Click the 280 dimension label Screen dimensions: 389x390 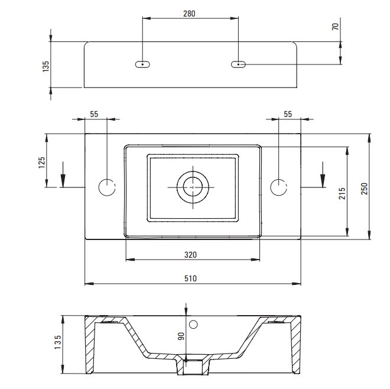point(189,13)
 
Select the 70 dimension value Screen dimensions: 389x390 point(336,27)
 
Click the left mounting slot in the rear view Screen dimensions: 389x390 point(142,64)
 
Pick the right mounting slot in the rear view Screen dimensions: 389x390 point(238,64)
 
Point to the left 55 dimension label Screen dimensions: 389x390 point(94,114)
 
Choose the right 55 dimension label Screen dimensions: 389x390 point(288,114)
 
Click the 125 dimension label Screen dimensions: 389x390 point(43,162)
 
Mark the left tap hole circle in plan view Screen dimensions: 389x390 point(107,187)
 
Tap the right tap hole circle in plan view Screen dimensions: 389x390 point(278,187)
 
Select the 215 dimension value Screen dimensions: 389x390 point(342,193)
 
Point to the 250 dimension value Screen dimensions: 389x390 point(365,188)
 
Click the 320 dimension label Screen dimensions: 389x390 point(190,255)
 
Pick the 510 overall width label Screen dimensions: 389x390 point(190,278)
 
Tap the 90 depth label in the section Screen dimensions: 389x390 point(181,337)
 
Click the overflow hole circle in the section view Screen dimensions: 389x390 point(193,325)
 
